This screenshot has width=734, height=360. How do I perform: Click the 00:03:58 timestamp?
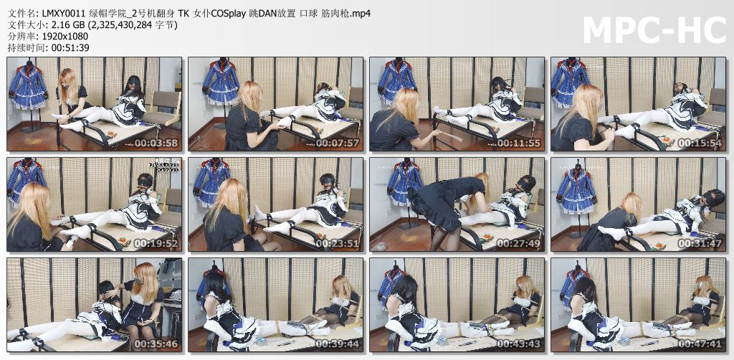click(x=156, y=143)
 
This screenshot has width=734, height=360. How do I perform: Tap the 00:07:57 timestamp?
click(x=338, y=143)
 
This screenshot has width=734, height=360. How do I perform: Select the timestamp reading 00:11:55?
click(x=519, y=143)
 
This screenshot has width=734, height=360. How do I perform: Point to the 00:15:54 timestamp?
click(x=700, y=143)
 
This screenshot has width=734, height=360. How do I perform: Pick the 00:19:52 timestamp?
click(x=156, y=243)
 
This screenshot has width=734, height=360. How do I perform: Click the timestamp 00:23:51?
click(x=338, y=243)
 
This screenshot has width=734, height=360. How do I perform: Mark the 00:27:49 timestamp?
click(x=519, y=243)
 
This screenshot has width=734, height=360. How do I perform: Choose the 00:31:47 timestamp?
click(x=700, y=243)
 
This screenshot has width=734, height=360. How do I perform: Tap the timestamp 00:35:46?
click(x=156, y=344)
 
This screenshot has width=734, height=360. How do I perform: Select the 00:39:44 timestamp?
click(x=338, y=344)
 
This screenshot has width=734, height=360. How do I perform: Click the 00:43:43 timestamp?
click(x=519, y=344)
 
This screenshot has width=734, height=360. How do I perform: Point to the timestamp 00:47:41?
click(x=700, y=344)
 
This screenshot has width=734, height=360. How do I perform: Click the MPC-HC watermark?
click(x=654, y=30)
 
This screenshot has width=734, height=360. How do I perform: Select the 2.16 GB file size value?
click(x=60, y=25)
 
